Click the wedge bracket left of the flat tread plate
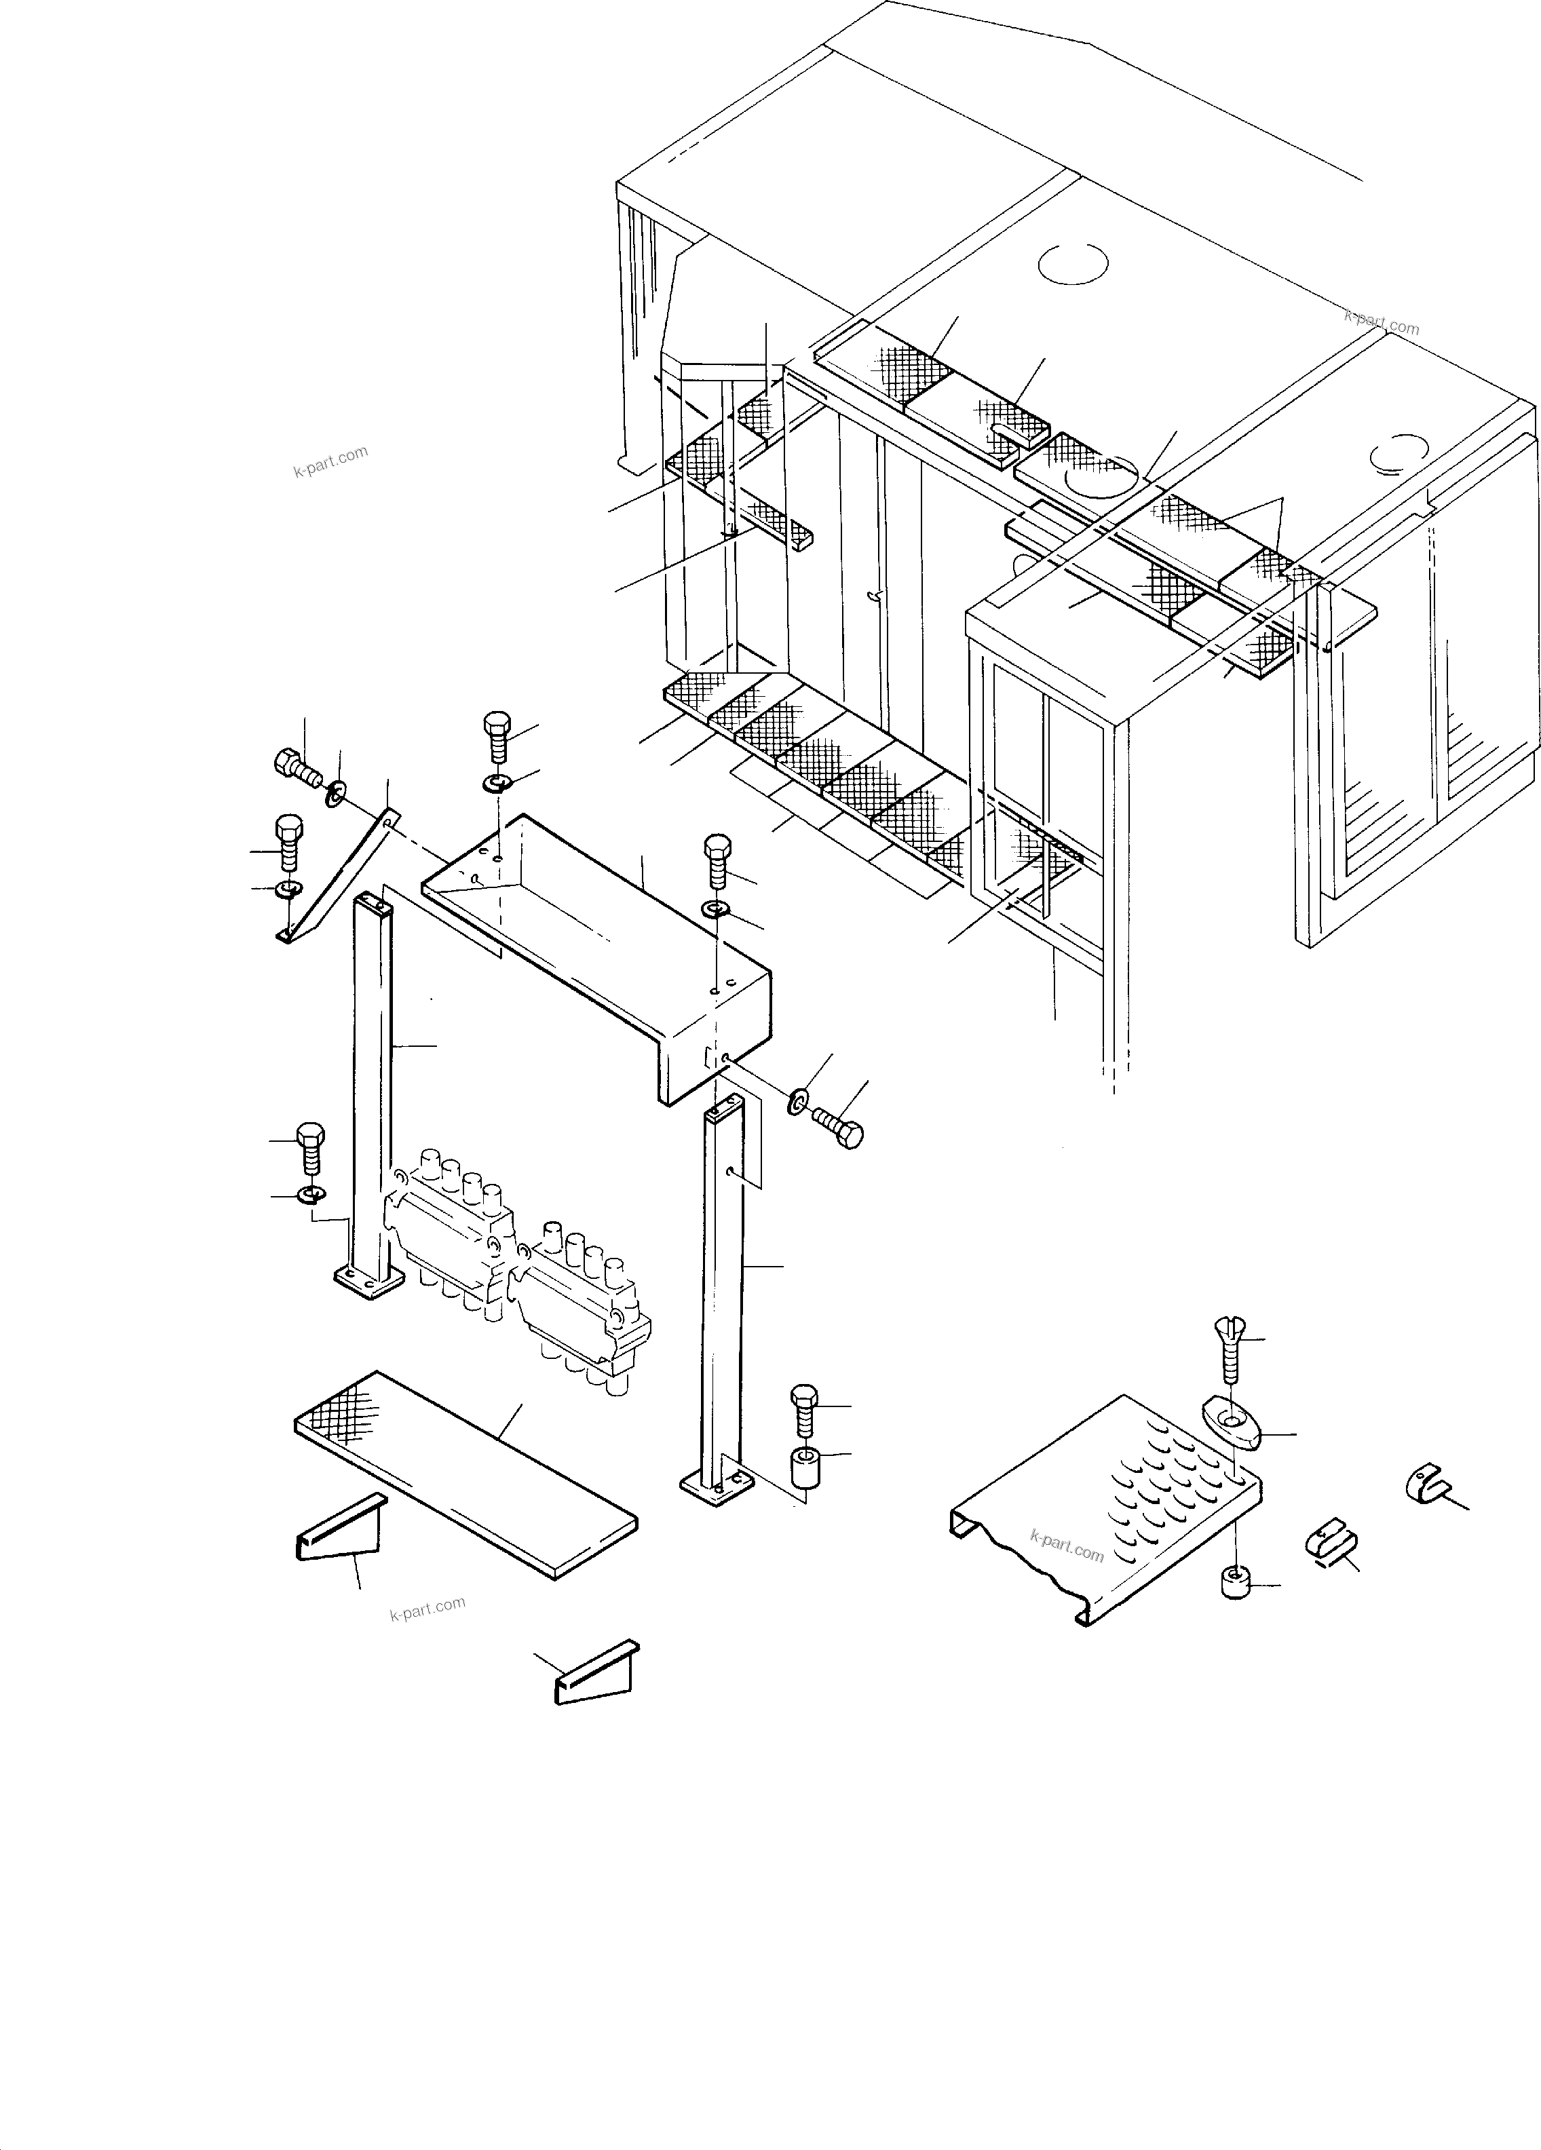coord(339,1531)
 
